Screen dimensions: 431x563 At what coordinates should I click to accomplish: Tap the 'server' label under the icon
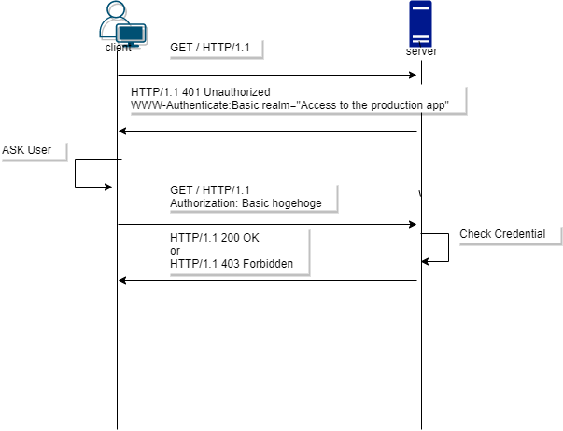coord(421,51)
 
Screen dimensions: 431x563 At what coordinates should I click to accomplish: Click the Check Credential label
coord(502,233)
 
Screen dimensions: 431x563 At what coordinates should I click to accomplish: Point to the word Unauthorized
coord(237,93)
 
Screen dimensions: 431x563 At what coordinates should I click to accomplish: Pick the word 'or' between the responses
coord(176,251)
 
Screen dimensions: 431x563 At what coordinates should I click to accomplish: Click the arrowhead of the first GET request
coord(411,75)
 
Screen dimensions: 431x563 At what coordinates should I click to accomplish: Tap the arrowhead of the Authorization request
coord(411,224)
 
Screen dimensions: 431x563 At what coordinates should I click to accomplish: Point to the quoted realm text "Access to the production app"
coord(379,106)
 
